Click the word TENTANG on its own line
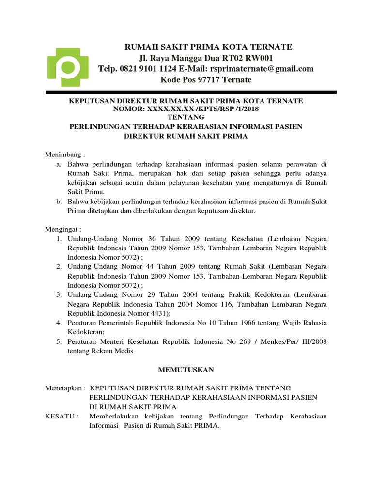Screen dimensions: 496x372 (186, 118)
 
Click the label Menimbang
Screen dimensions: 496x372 (63, 155)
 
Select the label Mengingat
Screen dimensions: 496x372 (63, 228)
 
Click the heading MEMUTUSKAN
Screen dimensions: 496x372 (186, 370)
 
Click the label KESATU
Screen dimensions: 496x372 (62, 416)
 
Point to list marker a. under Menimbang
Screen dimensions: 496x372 (59, 165)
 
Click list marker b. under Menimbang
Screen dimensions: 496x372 (59, 201)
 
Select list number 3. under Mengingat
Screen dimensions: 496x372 (59, 294)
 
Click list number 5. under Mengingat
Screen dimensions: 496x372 (59, 341)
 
